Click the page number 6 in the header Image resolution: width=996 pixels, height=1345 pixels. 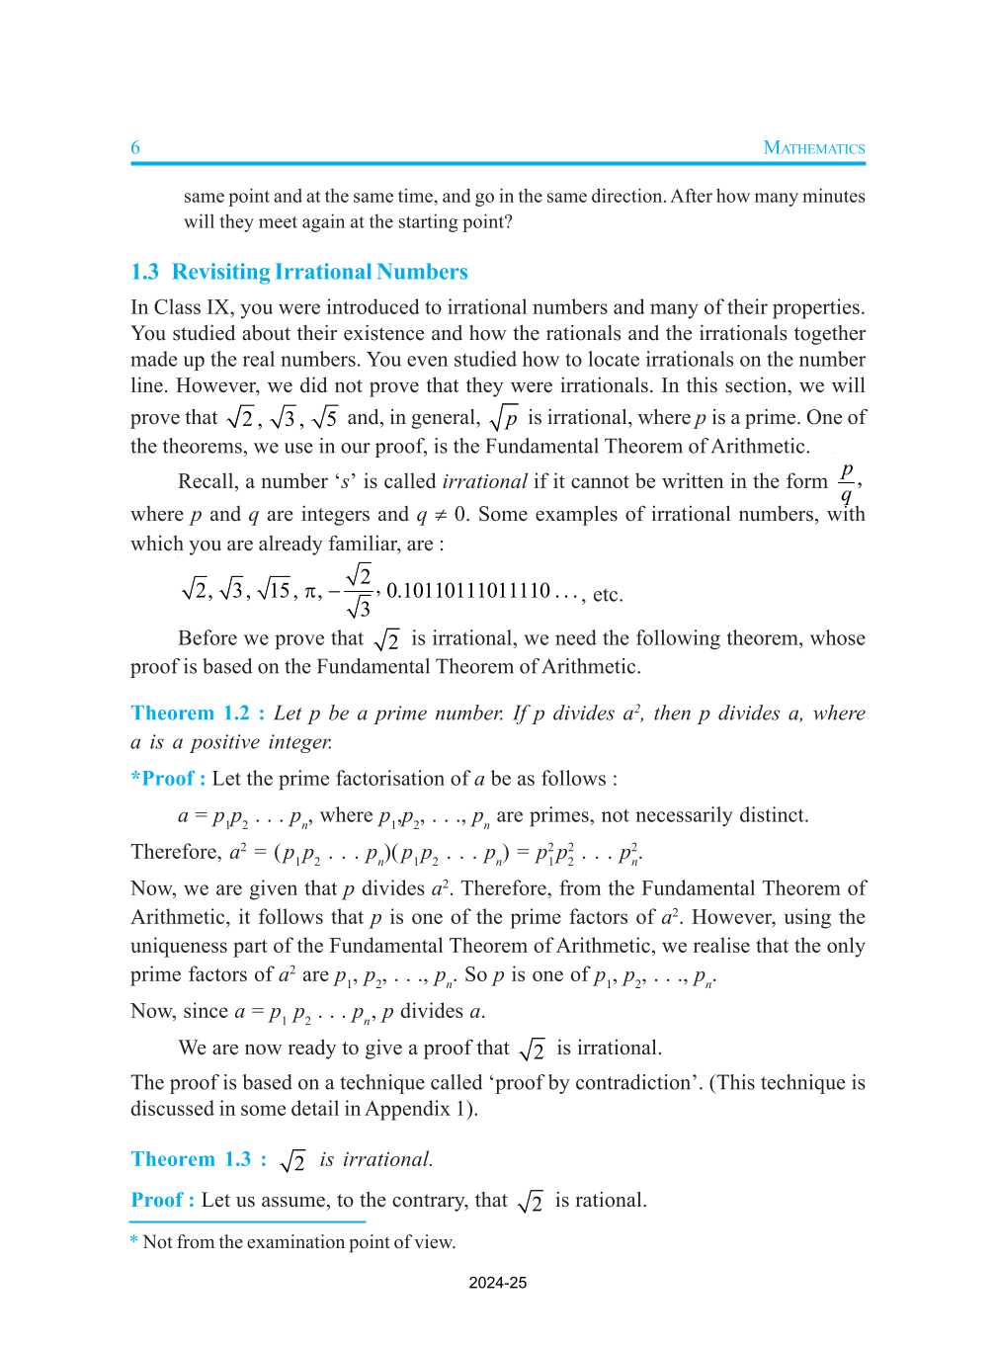coord(135,147)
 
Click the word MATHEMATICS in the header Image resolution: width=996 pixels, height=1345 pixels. coord(813,148)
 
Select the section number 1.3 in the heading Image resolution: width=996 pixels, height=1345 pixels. coord(144,272)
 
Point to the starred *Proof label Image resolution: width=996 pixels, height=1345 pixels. coord(168,779)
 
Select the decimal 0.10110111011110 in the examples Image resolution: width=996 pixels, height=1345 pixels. coord(467,591)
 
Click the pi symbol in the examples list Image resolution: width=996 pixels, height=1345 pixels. coord(311,592)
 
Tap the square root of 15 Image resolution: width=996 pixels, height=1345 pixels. coord(274,591)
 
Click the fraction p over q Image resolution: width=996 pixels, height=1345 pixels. coord(847,482)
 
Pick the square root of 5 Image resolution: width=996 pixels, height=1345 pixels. coord(325,418)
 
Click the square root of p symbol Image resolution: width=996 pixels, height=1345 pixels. coord(504,418)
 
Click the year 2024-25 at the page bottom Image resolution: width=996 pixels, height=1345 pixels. coord(497,1283)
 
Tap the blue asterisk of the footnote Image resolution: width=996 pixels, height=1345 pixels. coord(134,1241)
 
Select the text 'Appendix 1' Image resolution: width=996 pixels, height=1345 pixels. coord(416,1108)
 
